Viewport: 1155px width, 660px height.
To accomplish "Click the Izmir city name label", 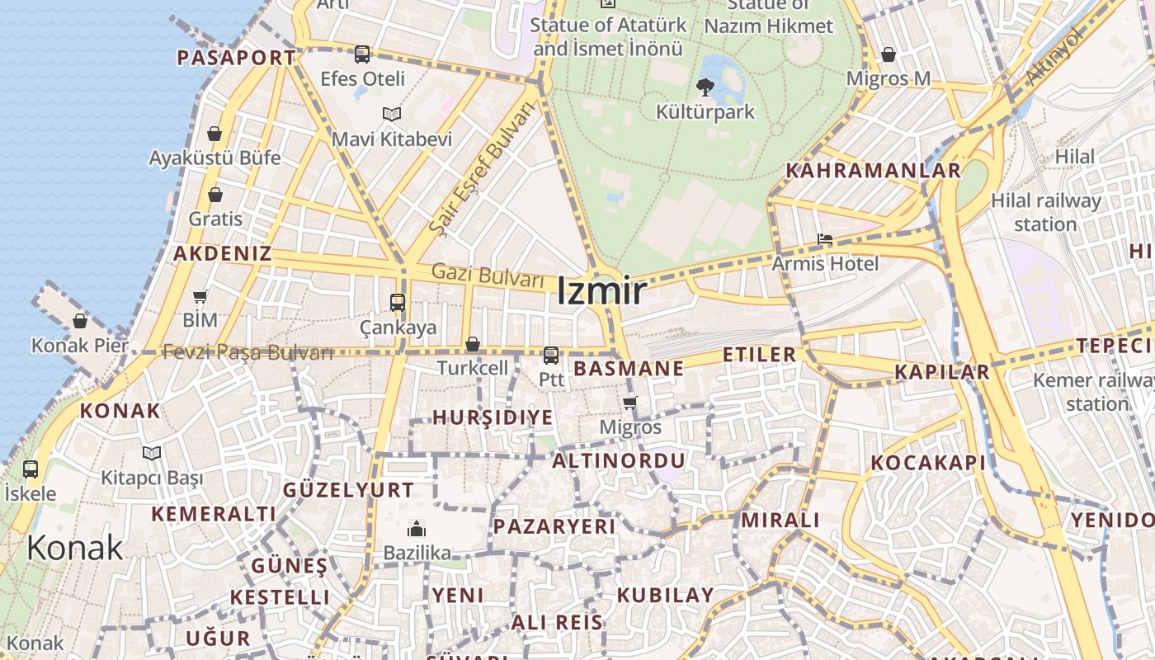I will click(601, 292).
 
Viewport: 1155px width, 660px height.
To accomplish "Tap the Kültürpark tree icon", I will click(705, 87).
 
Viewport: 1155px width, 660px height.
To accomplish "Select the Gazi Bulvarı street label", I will click(488, 275).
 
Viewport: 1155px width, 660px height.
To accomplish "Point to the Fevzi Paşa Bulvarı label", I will click(247, 352).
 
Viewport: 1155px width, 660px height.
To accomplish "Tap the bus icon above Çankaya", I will click(398, 303).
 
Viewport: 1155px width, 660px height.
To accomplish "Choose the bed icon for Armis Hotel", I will click(824, 240).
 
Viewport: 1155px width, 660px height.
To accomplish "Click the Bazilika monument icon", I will click(417, 528).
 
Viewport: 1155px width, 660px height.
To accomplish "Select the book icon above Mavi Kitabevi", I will click(392, 114).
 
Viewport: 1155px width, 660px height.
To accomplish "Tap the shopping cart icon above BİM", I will click(200, 296).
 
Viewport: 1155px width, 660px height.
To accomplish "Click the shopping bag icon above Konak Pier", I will click(80, 321).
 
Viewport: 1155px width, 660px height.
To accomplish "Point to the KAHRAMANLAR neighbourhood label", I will click(873, 171).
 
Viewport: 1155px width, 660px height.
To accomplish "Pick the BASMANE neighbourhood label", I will click(629, 369).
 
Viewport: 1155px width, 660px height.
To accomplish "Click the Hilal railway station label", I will click(1045, 212).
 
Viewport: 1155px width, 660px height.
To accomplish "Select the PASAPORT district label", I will click(236, 58).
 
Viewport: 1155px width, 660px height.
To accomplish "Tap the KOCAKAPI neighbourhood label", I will click(928, 463).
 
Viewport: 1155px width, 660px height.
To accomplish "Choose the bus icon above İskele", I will click(31, 469).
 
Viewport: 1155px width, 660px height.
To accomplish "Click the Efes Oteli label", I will click(363, 79).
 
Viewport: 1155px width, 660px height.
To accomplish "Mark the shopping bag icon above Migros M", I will click(889, 54).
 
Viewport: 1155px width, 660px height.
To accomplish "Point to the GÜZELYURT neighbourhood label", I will click(348, 490).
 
